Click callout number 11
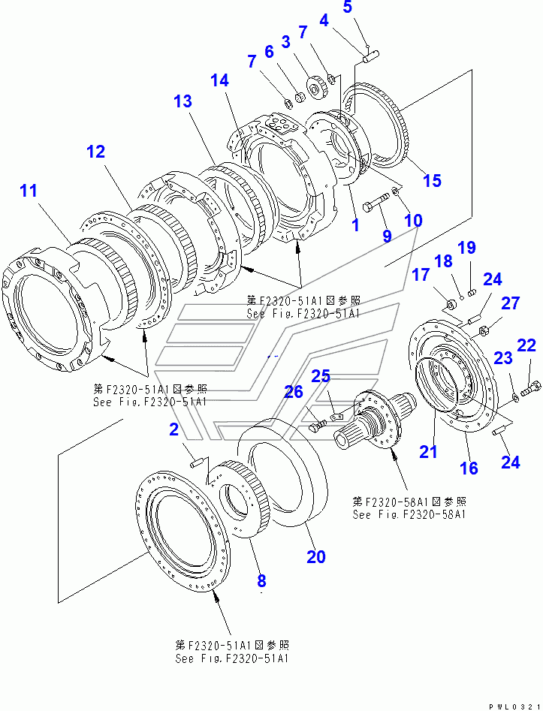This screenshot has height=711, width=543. point(28,191)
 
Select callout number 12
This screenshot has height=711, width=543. point(95,152)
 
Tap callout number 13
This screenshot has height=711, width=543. point(183,101)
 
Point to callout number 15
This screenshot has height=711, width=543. point(431,180)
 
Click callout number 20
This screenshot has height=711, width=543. point(316,556)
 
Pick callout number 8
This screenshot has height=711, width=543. point(261,580)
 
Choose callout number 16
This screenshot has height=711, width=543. point(468,468)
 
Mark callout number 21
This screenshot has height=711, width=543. point(428,451)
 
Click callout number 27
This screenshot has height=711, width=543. point(510,303)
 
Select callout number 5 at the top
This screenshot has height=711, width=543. point(347,8)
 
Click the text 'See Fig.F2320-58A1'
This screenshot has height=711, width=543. point(409,515)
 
